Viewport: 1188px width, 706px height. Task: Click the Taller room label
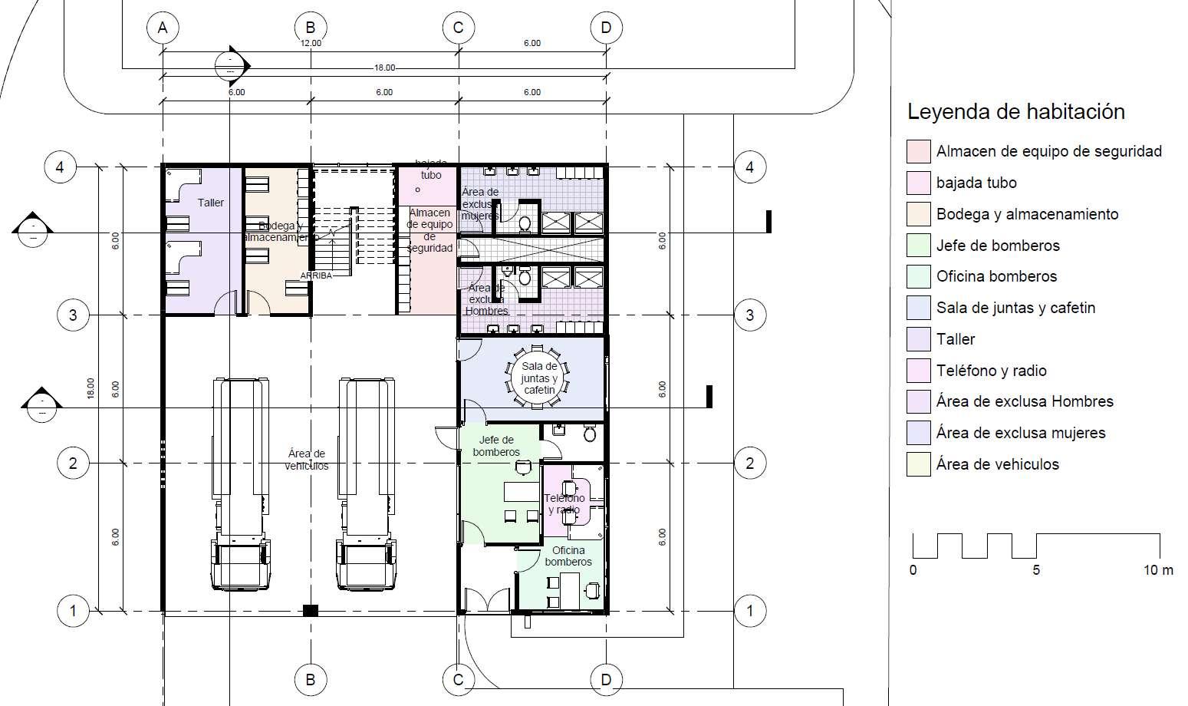pos(211,203)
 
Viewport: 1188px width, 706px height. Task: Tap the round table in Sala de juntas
pos(538,378)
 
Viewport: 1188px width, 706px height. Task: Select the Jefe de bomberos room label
pos(496,446)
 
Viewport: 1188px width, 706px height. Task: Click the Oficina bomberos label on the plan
pos(568,556)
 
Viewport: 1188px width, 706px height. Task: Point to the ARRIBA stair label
pos(316,275)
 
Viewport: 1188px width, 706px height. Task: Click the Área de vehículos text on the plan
pos(307,460)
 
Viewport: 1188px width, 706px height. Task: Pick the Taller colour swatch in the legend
pos(918,339)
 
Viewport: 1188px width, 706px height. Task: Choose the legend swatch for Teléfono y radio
pos(918,371)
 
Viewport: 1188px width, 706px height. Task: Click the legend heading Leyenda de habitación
pos(1015,112)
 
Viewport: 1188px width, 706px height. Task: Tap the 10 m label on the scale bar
pos(1158,570)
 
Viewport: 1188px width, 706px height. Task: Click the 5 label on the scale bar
pos(1036,570)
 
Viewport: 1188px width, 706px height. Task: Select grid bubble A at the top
pos(162,28)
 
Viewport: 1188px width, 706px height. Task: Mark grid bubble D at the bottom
pos(606,679)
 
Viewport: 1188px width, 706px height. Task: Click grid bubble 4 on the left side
pos(60,167)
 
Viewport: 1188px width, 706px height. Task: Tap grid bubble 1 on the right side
pos(749,612)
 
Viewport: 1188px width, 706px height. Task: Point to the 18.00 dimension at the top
pos(384,68)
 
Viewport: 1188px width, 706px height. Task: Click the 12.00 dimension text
pos(311,43)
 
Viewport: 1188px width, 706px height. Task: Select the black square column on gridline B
pos(310,611)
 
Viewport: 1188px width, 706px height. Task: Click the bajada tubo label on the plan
pos(431,170)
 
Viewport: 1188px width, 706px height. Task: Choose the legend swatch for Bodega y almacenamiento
pos(918,214)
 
